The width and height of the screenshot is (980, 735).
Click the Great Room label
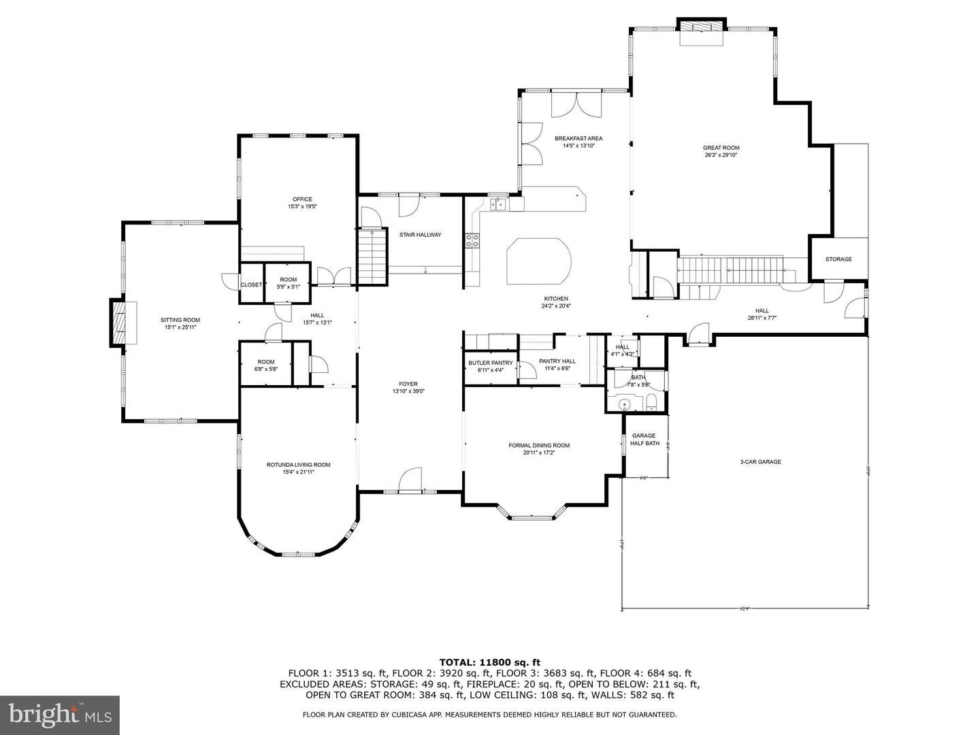721,148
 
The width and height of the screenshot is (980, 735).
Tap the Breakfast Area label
578,138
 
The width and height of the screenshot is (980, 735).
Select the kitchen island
539,263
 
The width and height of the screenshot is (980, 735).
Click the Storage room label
838,259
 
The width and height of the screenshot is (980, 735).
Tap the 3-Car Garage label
760,461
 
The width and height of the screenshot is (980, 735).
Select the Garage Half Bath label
644,440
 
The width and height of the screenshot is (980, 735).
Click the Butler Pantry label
490,363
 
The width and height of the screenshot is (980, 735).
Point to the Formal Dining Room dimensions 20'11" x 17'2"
539,453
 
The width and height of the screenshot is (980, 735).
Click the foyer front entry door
410,482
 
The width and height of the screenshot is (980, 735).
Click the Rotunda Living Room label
298,465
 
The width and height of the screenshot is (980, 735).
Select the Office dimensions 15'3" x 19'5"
302,206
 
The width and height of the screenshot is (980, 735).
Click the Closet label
251,284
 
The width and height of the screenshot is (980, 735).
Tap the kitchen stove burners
472,240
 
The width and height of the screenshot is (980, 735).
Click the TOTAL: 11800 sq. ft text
489,661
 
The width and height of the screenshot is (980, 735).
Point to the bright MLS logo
59,714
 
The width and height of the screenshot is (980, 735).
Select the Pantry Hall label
557,361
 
